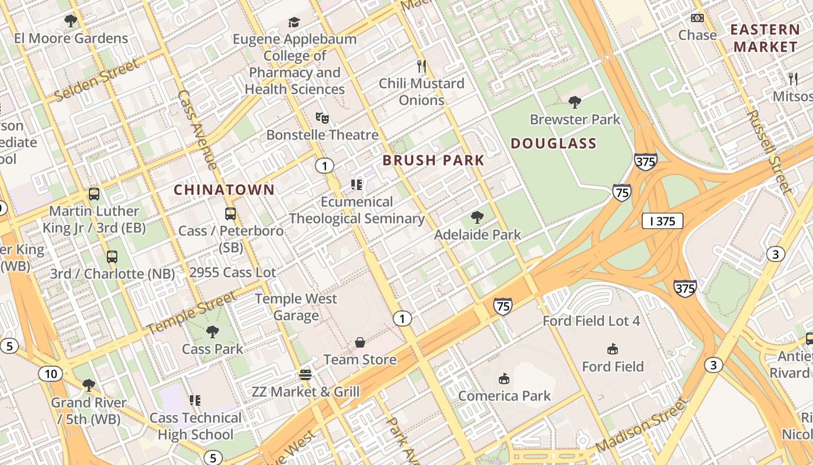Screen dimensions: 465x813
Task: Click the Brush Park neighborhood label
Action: [x=433, y=160]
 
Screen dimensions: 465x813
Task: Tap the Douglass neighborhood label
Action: [x=553, y=143]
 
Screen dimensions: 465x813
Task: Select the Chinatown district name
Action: [x=224, y=189]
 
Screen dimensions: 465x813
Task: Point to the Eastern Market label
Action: [x=764, y=38]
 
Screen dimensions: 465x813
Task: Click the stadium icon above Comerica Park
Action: [x=503, y=378]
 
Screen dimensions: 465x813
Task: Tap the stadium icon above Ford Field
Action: [x=612, y=349]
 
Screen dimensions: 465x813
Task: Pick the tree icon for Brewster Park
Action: [x=575, y=102]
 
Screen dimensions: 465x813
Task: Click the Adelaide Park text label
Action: [x=477, y=235]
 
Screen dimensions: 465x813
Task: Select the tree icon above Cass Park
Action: [x=213, y=332]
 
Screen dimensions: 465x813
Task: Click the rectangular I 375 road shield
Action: [x=662, y=221]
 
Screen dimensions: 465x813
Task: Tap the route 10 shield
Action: [x=51, y=374]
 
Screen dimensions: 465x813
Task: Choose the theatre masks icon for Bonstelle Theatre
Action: [x=322, y=118]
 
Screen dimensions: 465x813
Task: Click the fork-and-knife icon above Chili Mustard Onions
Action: [x=422, y=66]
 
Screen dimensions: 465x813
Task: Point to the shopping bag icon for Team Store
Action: [x=360, y=342]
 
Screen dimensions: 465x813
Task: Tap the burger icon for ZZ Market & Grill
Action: [x=305, y=374]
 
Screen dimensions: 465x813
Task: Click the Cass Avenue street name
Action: [x=197, y=129]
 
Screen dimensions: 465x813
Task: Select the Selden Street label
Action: [x=98, y=81]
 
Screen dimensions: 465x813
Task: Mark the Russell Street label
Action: [x=769, y=152]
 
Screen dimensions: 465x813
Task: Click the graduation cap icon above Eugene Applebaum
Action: [x=294, y=22]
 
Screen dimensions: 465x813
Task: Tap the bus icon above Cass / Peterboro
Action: [x=231, y=213]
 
